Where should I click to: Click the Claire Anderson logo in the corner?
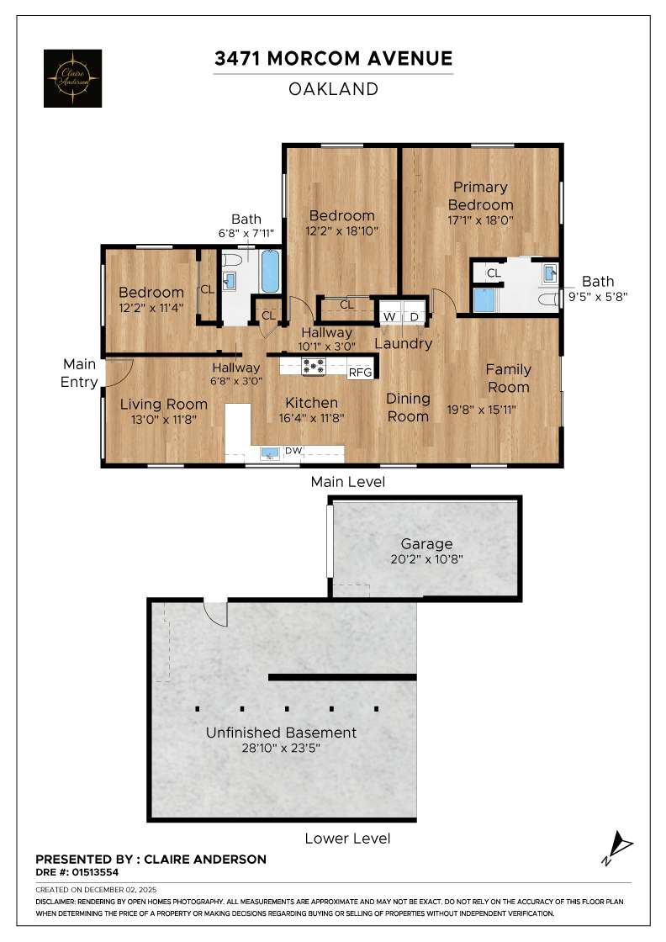(72, 78)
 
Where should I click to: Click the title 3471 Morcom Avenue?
(333, 58)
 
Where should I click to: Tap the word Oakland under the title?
(333, 88)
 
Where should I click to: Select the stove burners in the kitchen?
(314, 366)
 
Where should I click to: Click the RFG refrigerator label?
(360, 372)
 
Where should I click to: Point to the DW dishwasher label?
(293, 452)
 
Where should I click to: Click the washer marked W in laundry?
(389, 316)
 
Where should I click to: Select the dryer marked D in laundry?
(414, 316)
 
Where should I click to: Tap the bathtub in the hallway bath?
(270, 270)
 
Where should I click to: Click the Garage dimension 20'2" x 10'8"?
(426, 559)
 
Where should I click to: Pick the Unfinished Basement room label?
(281, 733)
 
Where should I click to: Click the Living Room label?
(163, 404)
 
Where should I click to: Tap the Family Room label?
(508, 378)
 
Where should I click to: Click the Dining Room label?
(408, 407)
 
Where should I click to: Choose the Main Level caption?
(347, 482)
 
